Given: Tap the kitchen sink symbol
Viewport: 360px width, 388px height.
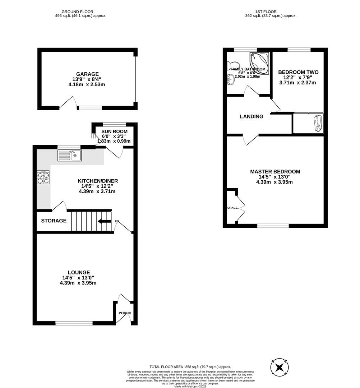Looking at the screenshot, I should (x=70, y=155).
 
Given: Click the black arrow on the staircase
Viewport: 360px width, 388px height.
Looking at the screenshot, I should (x=104, y=221).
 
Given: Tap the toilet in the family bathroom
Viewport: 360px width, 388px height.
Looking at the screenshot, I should (x=229, y=65).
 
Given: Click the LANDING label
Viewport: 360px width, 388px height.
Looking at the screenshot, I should (x=251, y=116).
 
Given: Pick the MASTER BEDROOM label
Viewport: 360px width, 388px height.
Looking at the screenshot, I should (x=275, y=172).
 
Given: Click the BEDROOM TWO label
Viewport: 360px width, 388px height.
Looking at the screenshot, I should (x=298, y=72).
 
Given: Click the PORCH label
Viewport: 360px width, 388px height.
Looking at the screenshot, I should (x=125, y=313).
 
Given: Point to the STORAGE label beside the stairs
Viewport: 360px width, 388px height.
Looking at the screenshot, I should (x=54, y=221).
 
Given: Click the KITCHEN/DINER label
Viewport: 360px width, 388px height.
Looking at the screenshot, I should (x=98, y=181).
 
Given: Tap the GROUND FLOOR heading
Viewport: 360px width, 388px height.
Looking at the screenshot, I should (x=78, y=11).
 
